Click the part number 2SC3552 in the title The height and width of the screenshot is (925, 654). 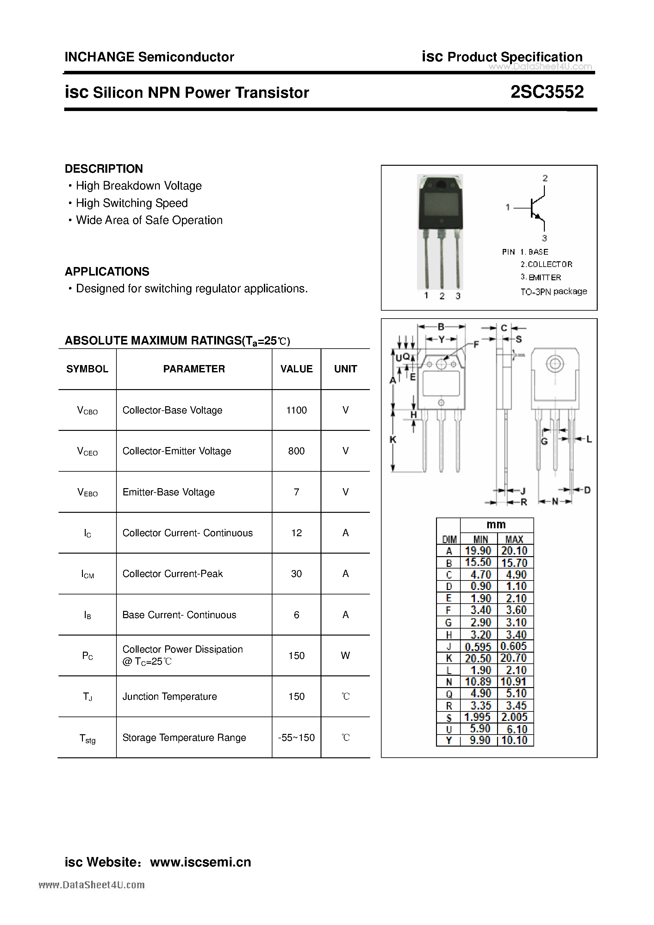coord(547,92)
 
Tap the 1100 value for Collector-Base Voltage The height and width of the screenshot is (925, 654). coord(296,410)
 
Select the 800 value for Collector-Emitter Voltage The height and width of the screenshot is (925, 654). coord(296,451)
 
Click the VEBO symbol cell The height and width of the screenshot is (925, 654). coord(87,492)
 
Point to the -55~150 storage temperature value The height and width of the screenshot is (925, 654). coord(296,738)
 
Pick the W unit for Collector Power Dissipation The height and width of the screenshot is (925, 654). coord(345,655)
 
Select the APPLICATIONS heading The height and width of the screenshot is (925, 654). coord(107,271)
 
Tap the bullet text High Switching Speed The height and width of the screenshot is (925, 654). coord(132,203)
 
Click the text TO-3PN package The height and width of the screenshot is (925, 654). coord(553,291)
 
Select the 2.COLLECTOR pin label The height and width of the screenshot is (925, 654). coord(546,264)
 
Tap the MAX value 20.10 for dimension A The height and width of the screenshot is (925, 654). coord(514,551)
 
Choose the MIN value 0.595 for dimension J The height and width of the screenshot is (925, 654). coord(478,647)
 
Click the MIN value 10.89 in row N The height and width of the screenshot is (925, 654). coord(478,682)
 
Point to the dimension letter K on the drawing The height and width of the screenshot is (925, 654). coord(393,439)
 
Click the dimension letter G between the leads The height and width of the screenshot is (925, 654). coord(544,442)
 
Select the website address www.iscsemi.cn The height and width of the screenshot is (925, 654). coord(200,862)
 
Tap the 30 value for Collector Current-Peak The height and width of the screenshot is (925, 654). coord(296,574)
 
